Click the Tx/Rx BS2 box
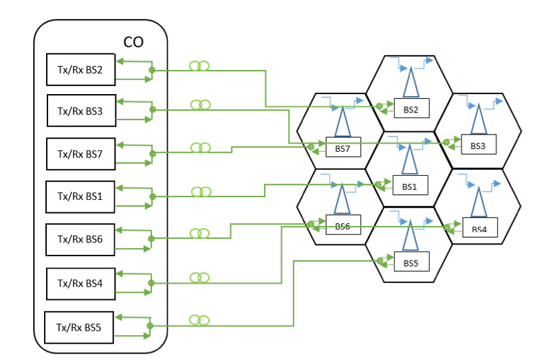tap(80, 69)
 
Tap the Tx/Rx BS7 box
tap(80, 154)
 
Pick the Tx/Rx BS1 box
tap(80, 196)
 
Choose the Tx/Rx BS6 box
tap(80, 238)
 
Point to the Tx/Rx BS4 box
tap(80, 282)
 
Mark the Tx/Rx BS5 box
tap(79, 327)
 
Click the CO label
tap(133, 42)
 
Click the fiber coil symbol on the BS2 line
tap(199, 66)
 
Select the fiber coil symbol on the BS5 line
tap(199, 320)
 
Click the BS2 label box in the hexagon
tap(411, 109)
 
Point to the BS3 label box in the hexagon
tap(478, 145)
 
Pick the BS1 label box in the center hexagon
tap(411, 185)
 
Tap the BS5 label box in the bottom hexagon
tap(411, 262)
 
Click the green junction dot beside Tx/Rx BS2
tap(152, 70)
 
